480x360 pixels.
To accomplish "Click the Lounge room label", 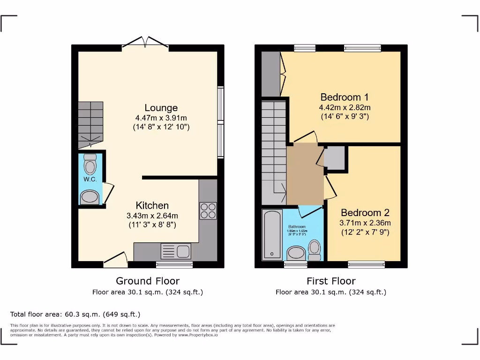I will coord(161,108).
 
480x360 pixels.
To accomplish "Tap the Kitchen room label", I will coord(152,205).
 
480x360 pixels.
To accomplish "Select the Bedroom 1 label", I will coord(344,97).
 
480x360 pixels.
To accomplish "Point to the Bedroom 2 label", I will coord(365,212).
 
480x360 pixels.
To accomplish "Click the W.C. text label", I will coord(90,180).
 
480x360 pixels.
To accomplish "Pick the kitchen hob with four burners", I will coord(208,210).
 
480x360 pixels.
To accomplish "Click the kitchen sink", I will coord(176,251).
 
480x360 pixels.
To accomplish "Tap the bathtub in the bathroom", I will coord(272,234).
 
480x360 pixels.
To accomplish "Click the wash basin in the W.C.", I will coord(90,197).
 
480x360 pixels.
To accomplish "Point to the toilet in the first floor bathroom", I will coord(315,249).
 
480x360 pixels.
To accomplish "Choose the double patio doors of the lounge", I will coord(145,43).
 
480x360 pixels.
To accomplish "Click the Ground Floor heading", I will coord(148,281).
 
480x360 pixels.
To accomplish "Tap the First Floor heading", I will coord(331,281).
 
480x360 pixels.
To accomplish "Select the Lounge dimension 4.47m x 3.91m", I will coord(161,118).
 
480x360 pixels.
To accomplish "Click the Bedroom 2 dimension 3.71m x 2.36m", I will coord(365,223).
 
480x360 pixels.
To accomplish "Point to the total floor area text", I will coord(75,314).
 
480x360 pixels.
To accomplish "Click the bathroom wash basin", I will coord(296,253).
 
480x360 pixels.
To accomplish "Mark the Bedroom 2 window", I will coord(366,264).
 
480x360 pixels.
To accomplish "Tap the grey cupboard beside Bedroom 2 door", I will coord(335,158).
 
